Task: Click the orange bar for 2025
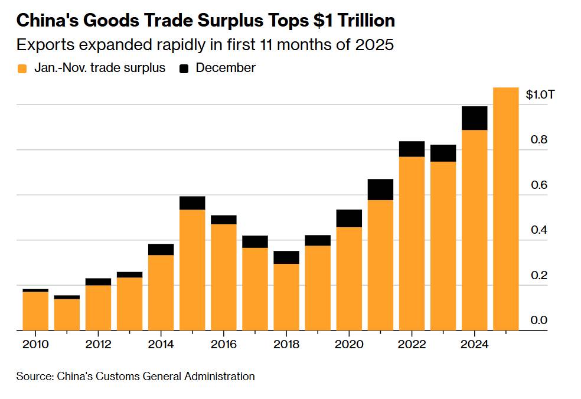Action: (x=505, y=209)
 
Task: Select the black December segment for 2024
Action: (x=474, y=118)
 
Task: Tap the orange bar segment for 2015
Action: (x=192, y=270)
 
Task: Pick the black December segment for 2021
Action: (x=380, y=189)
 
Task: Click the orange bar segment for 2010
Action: (x=35, y=311)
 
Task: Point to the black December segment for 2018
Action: (x=286, y=257)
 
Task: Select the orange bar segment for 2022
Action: (x=412, y=243)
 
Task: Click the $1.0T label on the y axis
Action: (x=540, y=95)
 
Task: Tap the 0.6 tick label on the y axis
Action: (x=538, y=185)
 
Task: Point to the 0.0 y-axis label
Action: (x=538, y=320)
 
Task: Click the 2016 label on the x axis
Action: (x=224, y=344)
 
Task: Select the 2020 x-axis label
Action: (x=349, y=344)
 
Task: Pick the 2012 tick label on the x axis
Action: (x=98, y=344)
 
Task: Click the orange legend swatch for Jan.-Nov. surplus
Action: (x=22, y=68)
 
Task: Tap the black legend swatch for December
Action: (x=184, y=68)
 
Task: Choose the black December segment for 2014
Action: (x=161, y=249)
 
